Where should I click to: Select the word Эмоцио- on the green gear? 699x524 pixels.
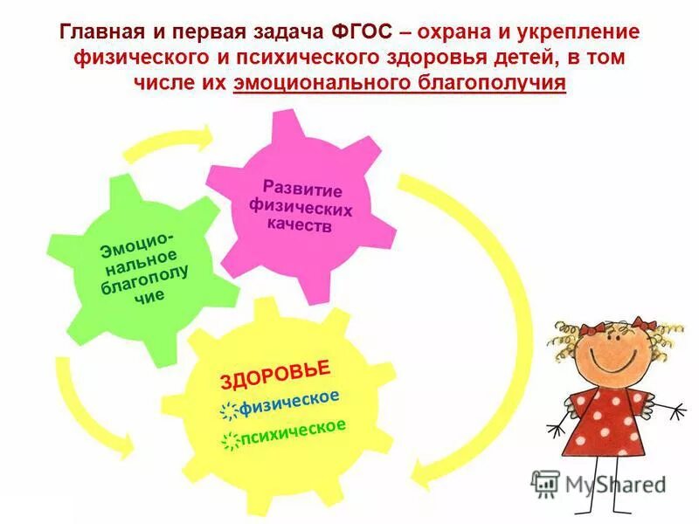(130, 245)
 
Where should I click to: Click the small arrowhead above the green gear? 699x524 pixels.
(204, 135)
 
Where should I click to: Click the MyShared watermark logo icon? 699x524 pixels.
(545, 483)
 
